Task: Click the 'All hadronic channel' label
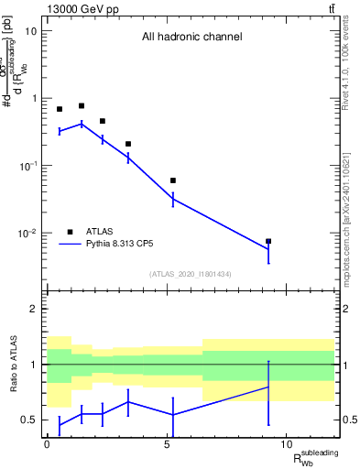point(191,38)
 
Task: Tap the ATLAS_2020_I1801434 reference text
point(191,274)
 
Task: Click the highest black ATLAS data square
point(82,106)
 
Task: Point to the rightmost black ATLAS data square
point(268,242)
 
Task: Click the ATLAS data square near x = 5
point(173,180)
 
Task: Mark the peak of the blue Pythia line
point(82,123)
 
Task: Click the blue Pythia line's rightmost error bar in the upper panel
point(268,249)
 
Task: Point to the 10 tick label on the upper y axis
point(31,31)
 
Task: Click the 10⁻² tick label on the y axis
point(27,234)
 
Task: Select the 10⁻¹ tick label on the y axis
point(27,166)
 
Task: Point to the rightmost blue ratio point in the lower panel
point(268,387)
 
